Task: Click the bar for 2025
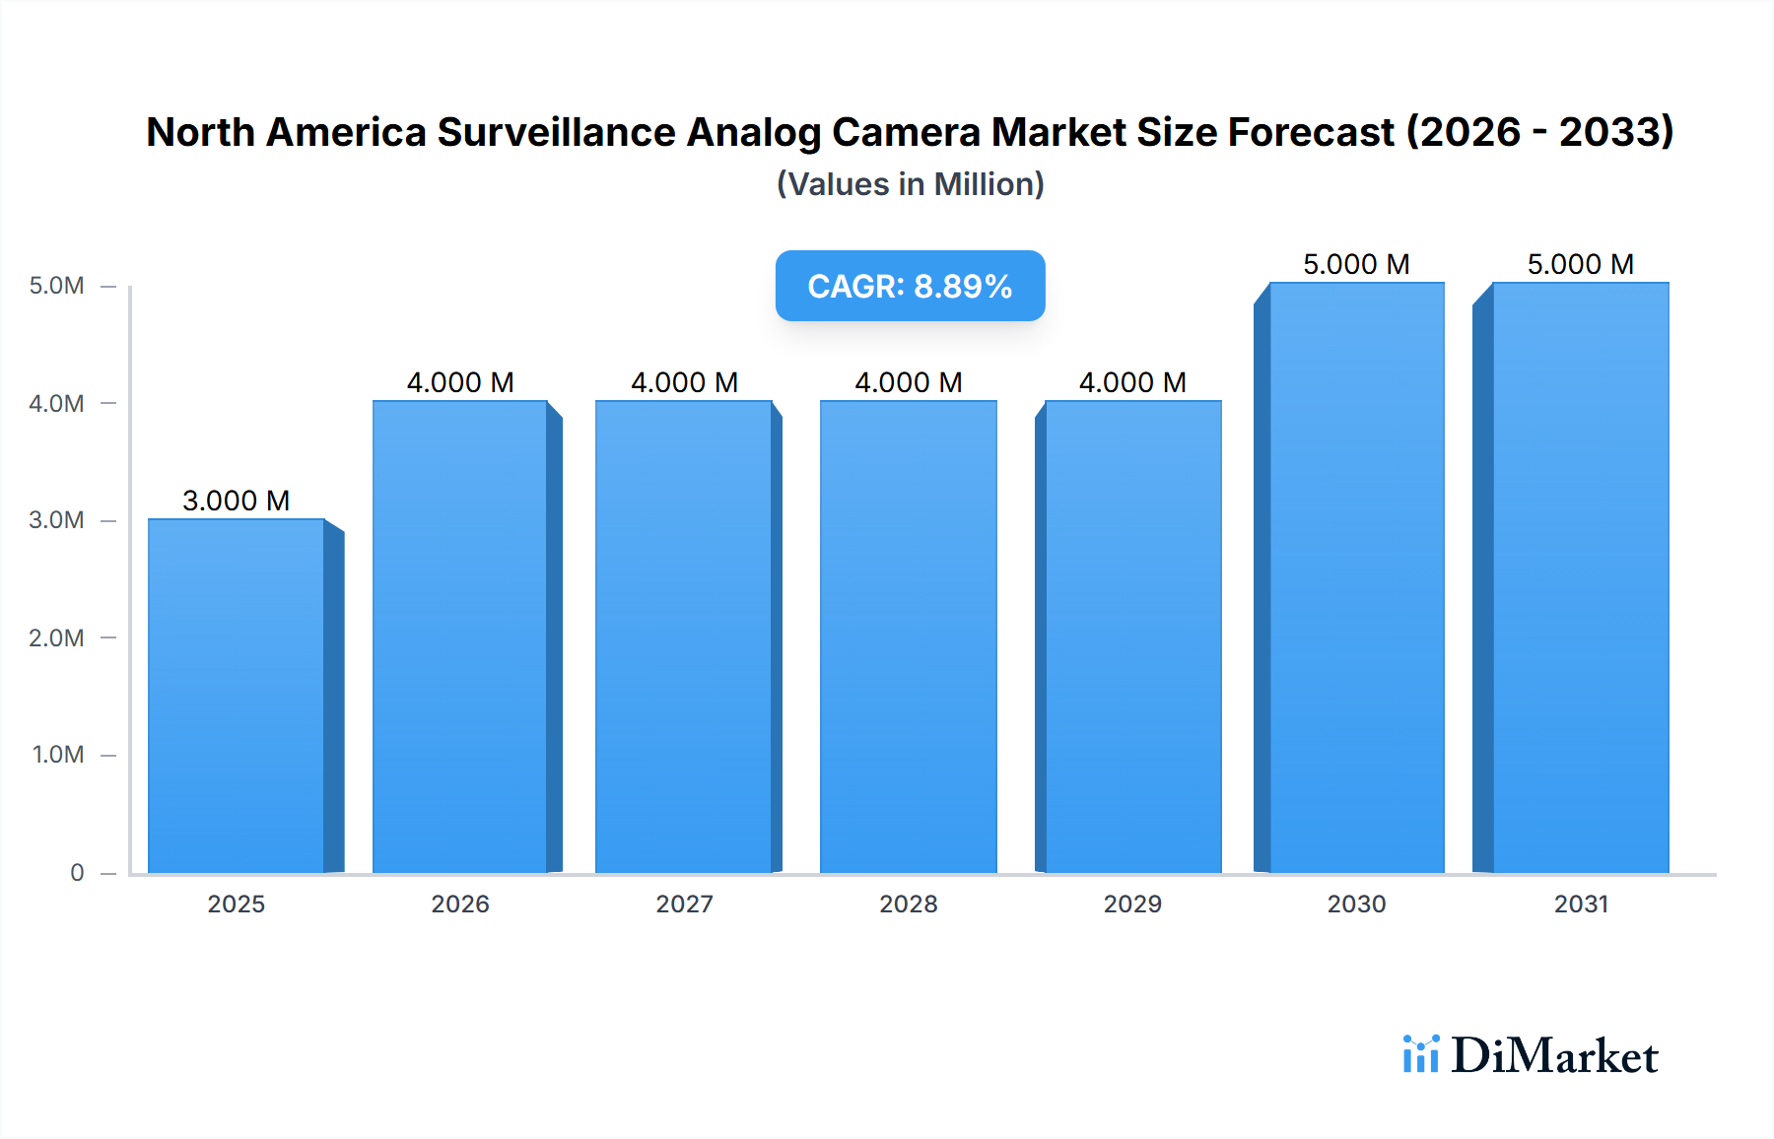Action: [x=237, y=696]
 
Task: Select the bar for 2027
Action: [x=684, y=636]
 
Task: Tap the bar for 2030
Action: [x=1357, y=577]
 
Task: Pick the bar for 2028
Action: [x=908, y=636]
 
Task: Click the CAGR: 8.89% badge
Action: [x=910, y=286]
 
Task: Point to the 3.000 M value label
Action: [x=237, y=501]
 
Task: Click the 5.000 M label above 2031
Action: [x=1580, y=264]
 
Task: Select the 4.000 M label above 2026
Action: [x=460, y=382]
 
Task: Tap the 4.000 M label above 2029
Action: [x=1132, y=382]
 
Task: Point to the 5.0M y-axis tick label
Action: [x=56, y=286]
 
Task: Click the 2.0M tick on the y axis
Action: [x=56, y=637]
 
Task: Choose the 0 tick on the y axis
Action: [x=77, y=872]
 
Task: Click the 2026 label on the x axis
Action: [x=460, y=904]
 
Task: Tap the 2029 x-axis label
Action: [x=1132, y=904]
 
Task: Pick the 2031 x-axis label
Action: [x=1581, y=904]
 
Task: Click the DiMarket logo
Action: [x=1531, y=1055]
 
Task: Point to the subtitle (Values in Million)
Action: [x=910, y=184]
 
